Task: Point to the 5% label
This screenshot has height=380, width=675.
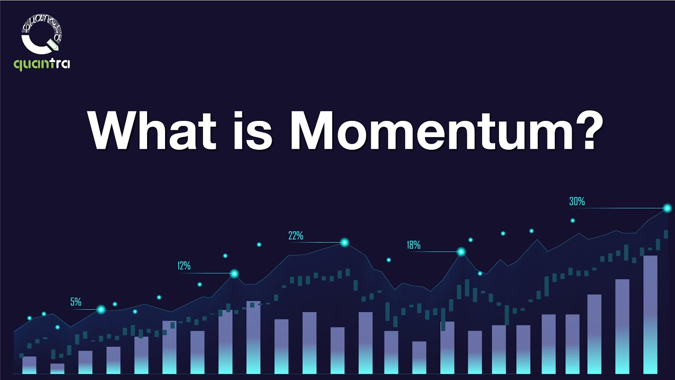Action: pos(76,301)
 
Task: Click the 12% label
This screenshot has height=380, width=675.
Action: pos(184,265)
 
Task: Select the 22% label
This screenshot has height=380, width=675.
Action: pos(296,235)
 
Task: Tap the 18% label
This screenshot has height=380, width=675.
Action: pos(413,245)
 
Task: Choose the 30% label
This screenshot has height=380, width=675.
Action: pos(577,201)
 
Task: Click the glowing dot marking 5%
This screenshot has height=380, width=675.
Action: pos(101,309)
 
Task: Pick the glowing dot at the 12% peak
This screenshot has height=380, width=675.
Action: pos(234,273)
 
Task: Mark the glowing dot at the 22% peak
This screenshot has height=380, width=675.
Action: pos(344,242)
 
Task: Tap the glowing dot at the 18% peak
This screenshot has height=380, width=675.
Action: pos(461,252)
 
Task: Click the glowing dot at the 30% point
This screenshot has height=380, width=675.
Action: pos(667,208)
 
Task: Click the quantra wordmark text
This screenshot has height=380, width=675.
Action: pos(42,64)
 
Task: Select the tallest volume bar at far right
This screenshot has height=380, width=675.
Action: pos(650,315)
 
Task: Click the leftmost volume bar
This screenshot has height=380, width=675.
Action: pos(29,365)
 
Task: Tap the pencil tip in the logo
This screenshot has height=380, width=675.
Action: pos(58,49)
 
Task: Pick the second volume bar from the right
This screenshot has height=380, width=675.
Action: pos(622,327)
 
